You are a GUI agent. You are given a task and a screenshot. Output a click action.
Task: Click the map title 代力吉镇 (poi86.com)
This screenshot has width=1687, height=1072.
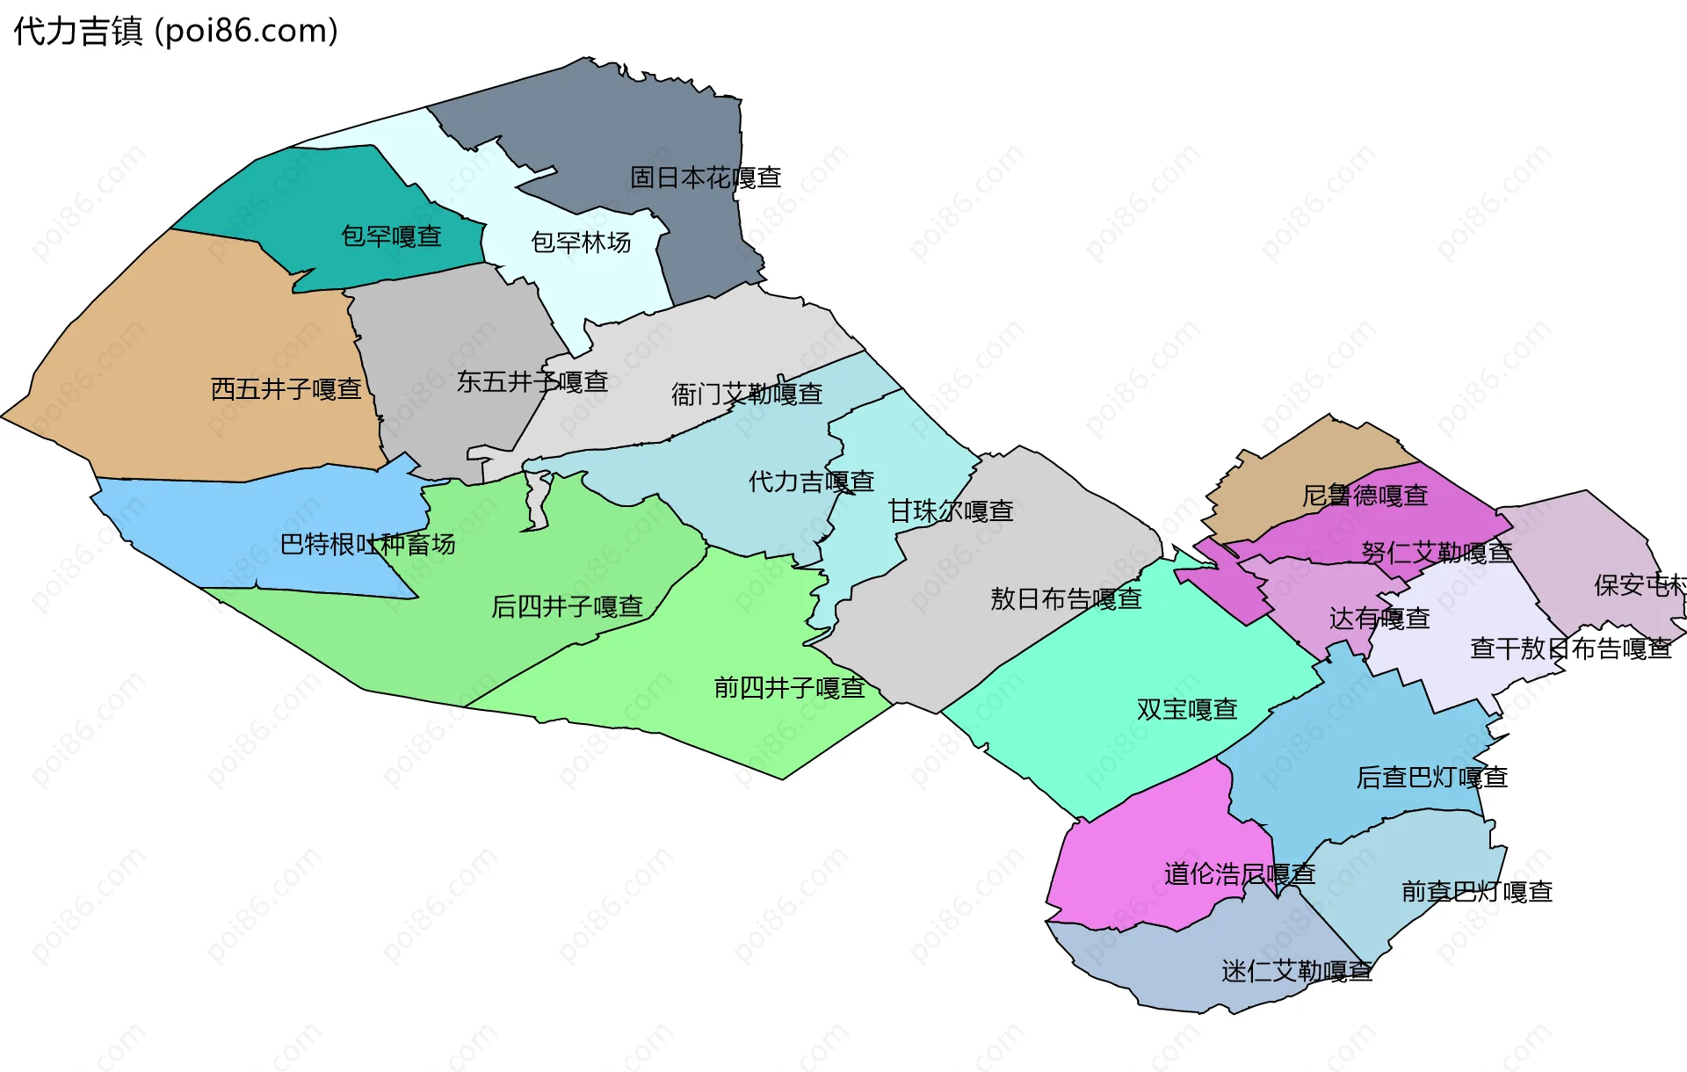pyautogui.click(x=176, y=32)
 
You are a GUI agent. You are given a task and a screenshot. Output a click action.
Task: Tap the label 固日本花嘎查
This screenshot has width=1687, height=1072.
pyautogui.click(x=706, y=177)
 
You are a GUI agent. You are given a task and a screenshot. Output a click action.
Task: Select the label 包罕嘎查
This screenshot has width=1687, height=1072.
pyautogui.click(x=391, y=236)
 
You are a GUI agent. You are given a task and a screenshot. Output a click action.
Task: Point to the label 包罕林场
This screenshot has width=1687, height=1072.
pyautogui.click(x=581, y=242)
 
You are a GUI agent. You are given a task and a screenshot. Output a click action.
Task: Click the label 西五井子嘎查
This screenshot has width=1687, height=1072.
pyautogui.click(x=286, y=388)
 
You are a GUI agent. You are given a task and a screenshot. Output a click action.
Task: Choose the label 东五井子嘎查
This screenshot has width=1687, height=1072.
pyautogui.click(x=532, y=381)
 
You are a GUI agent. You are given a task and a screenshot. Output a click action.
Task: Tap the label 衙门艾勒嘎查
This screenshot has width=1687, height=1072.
pyautogui.click(x=747, y=394)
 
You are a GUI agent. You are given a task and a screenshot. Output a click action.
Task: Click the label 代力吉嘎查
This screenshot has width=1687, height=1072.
pyautogui.click(x=811, y=481)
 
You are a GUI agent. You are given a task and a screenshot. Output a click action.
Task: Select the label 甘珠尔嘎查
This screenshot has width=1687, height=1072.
pyautogui.click(x=951, y=511)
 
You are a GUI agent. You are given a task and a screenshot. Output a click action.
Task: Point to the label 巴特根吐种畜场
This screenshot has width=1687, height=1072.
pyautogui.click(x=367, y=545)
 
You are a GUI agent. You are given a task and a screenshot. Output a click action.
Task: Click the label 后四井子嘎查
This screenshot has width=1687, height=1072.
pyautogui.click(x=567, y=606)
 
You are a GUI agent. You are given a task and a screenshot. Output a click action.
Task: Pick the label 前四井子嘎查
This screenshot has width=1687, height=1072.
pyautogui.click(x=789, y=687)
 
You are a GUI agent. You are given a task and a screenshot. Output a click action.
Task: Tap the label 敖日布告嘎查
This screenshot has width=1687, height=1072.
pyautogui.click(x=1066, y=598)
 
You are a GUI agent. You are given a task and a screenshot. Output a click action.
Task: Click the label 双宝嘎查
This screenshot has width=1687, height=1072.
pyautogui.click(x=1187, y=709)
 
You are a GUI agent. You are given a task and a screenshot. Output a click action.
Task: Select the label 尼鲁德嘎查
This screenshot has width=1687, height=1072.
pyautogui.click(x=1365, y=496)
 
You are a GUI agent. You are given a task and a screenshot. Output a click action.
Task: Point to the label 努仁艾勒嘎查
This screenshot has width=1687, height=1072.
pyautogui.click(x=1437, y=552)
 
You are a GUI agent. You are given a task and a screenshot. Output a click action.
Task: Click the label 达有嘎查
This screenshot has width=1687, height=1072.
pyautogui.click(x=1379, y=619)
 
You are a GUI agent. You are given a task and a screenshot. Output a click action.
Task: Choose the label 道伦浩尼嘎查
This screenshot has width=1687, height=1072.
pyautogui.click(x=1239, y=873)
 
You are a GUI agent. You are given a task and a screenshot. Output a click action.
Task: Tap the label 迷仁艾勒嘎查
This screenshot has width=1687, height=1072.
pyautogui.click(x=1296, y=971)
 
